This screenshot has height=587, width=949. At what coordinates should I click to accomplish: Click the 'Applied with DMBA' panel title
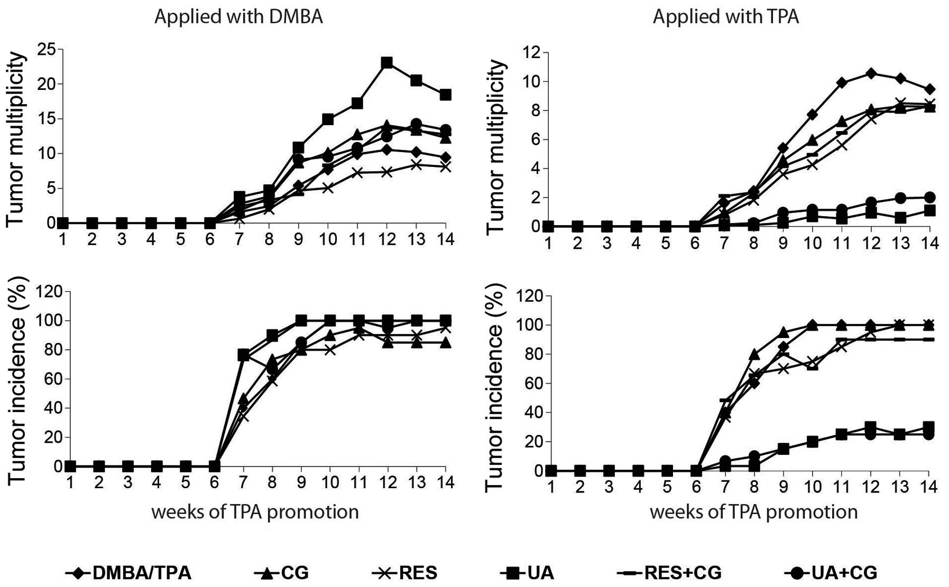coord(238,17)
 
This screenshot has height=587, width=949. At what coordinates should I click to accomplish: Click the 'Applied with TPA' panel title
coord(725,17)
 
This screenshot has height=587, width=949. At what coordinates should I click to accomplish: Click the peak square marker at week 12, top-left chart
coord(387,63)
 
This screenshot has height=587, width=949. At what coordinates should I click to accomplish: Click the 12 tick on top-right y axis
coord(532,52)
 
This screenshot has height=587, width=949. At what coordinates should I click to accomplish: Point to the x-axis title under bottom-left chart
coord(255,511)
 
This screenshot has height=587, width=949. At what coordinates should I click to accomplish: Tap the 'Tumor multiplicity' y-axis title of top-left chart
coord(16,139)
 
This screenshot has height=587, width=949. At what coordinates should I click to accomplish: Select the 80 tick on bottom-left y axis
coord(48,350)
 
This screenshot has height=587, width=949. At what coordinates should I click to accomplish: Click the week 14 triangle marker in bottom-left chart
coord(446,342)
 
